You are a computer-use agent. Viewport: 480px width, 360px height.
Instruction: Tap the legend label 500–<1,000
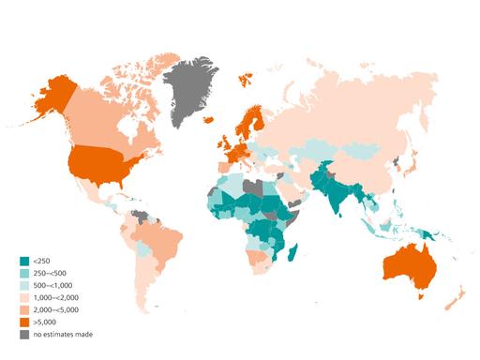click(x=51, y=285)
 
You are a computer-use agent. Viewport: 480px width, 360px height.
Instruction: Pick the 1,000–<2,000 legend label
click(x=53, y=297)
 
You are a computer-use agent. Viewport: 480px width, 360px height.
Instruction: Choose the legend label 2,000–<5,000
click(x=53, y=309)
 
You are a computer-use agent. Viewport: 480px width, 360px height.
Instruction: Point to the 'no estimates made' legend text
click(x=63, y=334)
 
